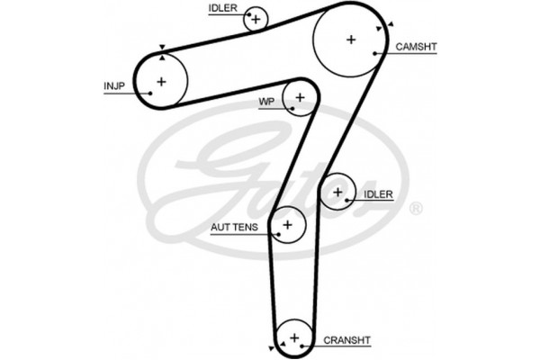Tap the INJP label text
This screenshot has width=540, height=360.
click(x=113, y=87)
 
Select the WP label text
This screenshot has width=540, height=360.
click(x=265, y=102)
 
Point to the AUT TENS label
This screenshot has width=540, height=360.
click(x=233, y=227)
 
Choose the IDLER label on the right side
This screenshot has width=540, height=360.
click(x=378, y=194)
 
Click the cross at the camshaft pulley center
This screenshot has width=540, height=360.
click(x=350, y=39)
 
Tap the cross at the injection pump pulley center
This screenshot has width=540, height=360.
click(x=161, y=82)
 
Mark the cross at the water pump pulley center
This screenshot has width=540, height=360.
click(x=300, y=95)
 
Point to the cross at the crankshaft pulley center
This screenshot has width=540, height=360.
click(x=293, y=337)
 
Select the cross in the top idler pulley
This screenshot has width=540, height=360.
click(x=256, y=18)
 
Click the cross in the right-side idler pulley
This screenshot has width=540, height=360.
click(x=337, y=192)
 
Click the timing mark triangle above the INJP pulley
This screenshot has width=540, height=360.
click(x=161, y=49)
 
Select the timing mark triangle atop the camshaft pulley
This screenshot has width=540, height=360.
click(x=390, y=24)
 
